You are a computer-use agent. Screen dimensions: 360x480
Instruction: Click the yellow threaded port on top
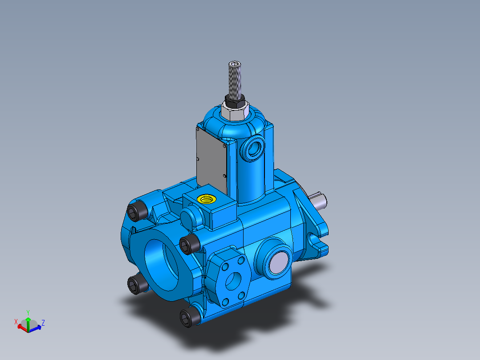pos(207,198)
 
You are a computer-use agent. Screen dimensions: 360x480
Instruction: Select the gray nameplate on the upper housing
pos(211,157)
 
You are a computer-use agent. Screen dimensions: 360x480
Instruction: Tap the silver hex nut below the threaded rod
pos(235,112)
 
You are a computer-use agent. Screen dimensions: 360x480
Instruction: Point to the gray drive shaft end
pos(321,200)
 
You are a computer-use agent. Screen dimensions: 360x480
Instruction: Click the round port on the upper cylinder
pos(254,149)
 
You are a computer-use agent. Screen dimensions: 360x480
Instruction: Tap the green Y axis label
pos(28,312)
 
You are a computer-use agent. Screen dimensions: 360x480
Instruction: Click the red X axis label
pos(16,321)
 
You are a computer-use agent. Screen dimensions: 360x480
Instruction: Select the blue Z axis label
pos(43,322)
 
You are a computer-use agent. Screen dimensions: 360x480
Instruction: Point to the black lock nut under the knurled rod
pos(235,98)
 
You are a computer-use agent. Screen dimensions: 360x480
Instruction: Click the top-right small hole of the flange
pos(241,259)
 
